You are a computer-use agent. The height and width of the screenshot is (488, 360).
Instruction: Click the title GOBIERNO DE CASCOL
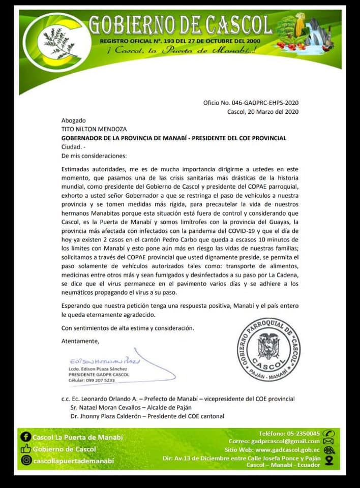tap(180, 24)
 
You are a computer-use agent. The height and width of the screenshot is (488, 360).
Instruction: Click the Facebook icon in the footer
tap(25, 437)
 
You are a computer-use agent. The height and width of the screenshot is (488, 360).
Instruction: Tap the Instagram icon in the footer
tap(25, 460)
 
